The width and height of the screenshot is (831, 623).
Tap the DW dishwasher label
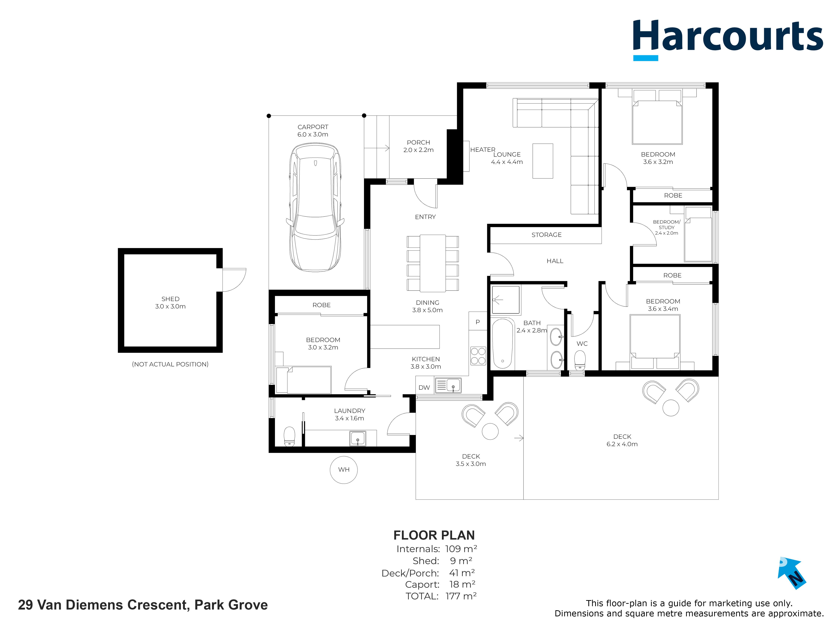(x=424, y=387)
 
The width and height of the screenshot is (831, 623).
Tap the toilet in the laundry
(x=289, y=436)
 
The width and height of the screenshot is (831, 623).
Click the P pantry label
(x=478, y=322)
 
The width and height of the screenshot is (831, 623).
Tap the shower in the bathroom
(x=506, y=300)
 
